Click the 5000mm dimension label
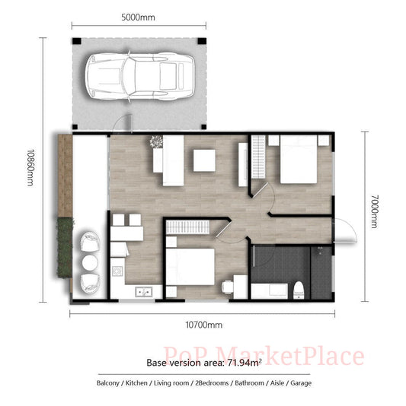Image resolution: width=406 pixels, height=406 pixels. (x=139, y=17)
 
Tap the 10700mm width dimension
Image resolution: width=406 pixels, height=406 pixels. (x=204, y=325)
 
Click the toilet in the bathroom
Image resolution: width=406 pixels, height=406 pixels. (x=301, y=289)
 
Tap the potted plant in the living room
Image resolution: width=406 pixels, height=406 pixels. (x=157, y=141)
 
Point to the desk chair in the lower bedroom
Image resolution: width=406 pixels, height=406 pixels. (x=226, y=287)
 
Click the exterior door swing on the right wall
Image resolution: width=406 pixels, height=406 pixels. (x=344, y=230)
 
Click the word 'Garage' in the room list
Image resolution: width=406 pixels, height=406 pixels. (x=299, y=383)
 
